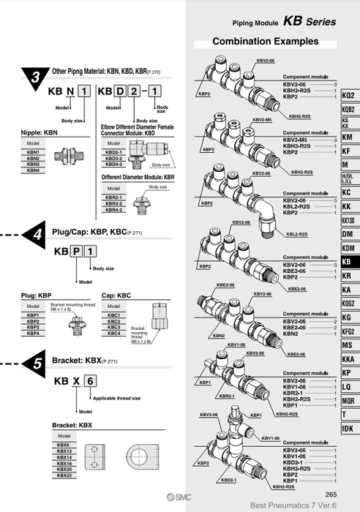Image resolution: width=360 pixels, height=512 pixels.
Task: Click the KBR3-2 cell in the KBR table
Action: (x=113, y=203)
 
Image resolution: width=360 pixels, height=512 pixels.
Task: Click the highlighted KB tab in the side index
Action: (x=347, y=262)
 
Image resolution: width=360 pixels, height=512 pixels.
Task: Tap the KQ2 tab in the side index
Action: (x=347, y=96)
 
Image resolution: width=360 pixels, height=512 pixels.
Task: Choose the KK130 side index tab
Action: (x=347, y=220)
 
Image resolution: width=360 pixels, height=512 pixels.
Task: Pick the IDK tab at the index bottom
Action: (x=347, y=428)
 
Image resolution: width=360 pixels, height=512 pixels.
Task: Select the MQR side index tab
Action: (x=347, y=400)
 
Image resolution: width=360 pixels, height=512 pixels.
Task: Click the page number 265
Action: (x=331, y=495)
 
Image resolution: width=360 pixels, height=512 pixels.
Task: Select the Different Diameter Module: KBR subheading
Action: (x=138, y=177)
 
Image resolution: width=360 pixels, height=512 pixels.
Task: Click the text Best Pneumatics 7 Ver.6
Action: (x=287, y=505)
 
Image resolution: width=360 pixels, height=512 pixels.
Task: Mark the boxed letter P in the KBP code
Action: (x=76, y=251)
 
